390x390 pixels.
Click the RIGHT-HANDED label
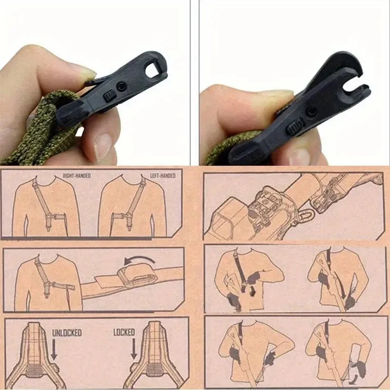77,175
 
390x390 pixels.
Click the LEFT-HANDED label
161,175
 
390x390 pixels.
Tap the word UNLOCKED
67,333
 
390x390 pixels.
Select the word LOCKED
124,332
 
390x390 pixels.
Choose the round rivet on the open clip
310,112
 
